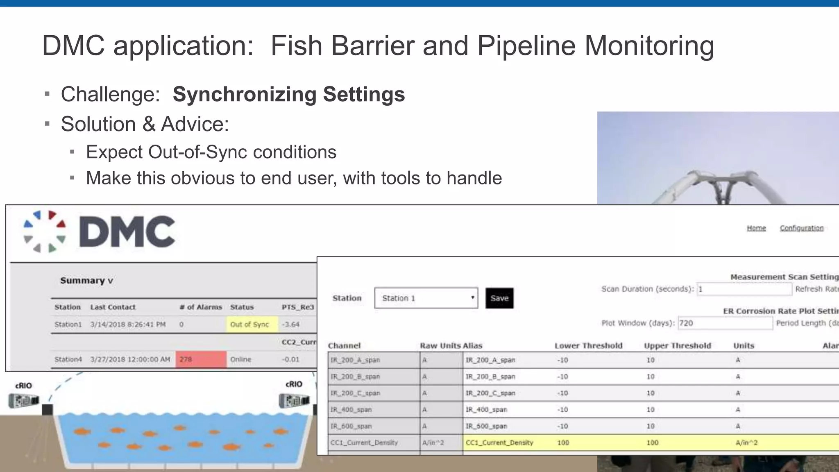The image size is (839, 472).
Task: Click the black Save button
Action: click(x=499, y=298)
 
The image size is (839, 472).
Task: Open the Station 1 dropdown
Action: click(x=426, y=298)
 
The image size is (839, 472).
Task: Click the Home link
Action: click(x=756, y=228)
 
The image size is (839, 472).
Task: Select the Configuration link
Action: click(x=801, y=228)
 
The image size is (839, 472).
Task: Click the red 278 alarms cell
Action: click(x=201, y=359)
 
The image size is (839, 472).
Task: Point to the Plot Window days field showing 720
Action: click(x=725, y=323)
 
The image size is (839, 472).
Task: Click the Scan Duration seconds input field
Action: click(x=744, y=289)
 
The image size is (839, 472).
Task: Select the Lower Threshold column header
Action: click(x=588, y=346)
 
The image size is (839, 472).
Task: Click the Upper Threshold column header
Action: click(x=677, y=346)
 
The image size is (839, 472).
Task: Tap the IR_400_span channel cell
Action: click(x=374, y=410)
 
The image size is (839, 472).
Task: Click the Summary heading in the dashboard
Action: click(x=86, y=281)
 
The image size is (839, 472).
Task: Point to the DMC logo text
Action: click(x=127, y=232)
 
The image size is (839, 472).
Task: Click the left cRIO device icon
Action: click(x=24, y=400)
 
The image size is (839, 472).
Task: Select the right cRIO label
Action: click(x=294, y=384)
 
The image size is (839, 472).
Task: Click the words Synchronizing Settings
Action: click(x=289, y=94)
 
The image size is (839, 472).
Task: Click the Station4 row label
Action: click(x=68, y=359)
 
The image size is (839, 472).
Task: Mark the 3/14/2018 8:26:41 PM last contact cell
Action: click(x=128, y=324)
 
